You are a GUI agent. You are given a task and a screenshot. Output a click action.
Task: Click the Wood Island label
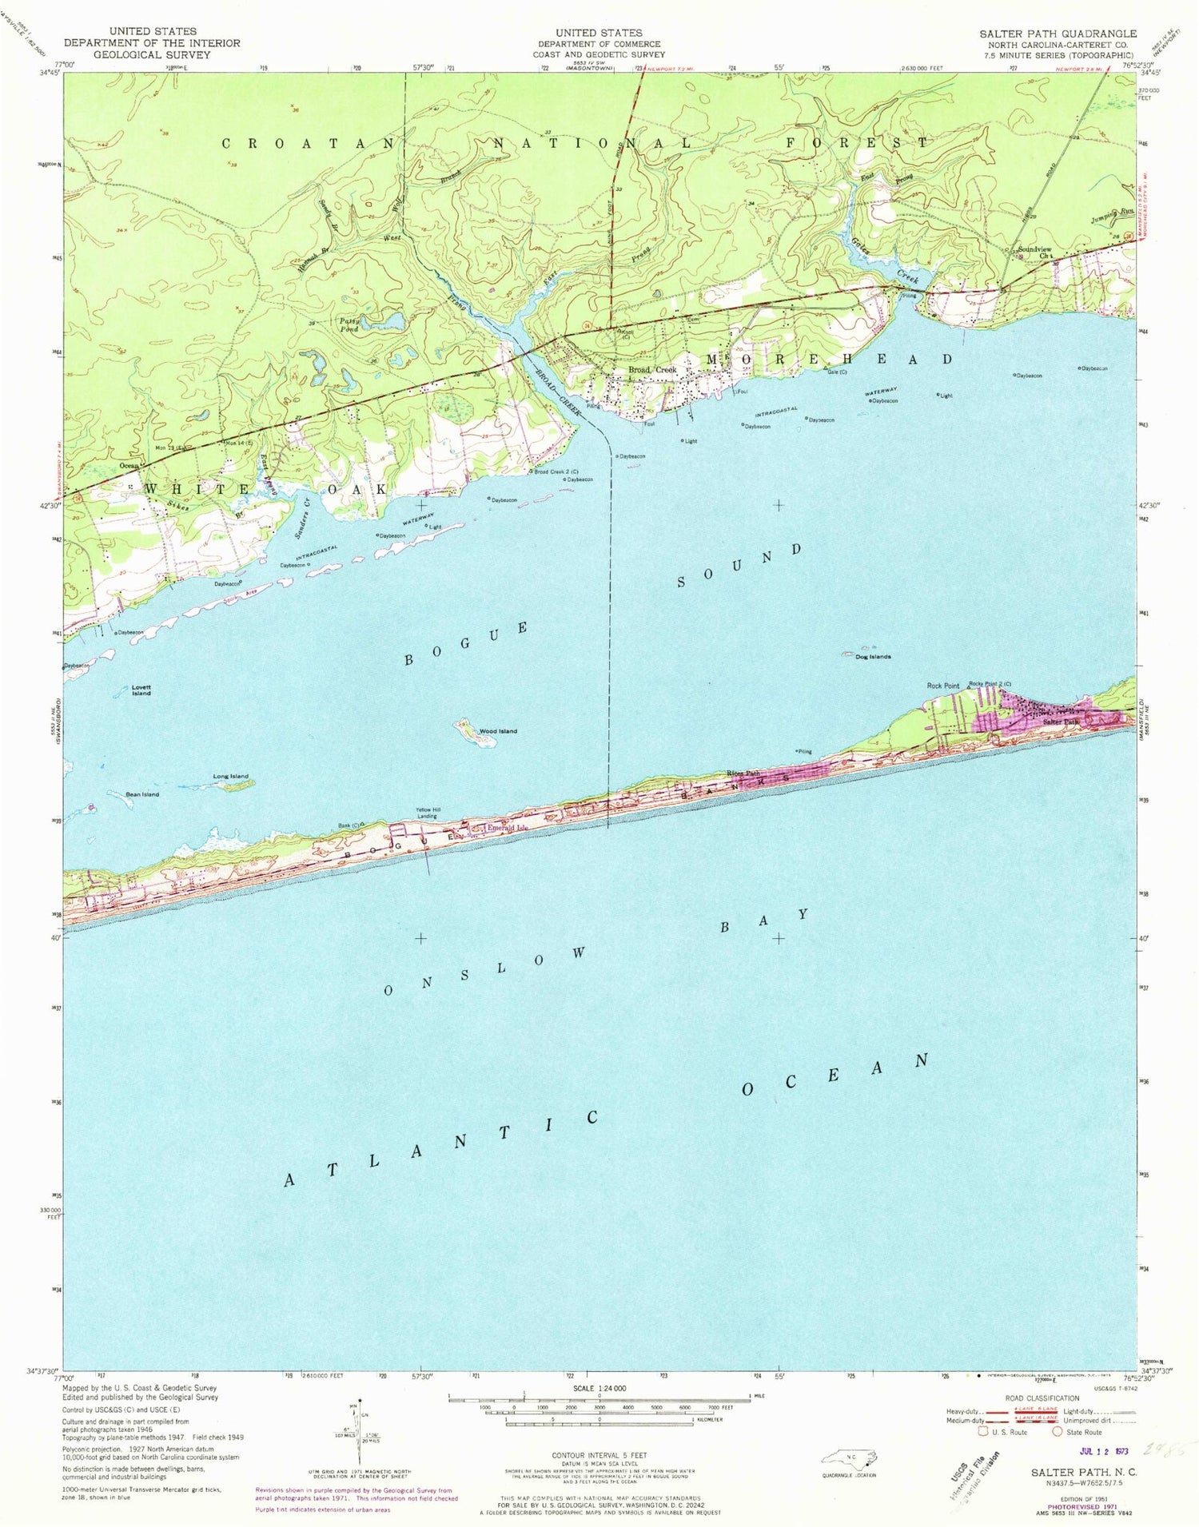pos(497,731)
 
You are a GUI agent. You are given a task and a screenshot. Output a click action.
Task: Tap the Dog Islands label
pos(873,657)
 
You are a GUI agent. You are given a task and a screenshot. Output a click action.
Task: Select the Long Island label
pos(230,776)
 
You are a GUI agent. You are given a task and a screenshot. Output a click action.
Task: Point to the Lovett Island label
pos(141,690)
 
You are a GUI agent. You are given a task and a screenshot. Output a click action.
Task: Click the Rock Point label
pos(942,686)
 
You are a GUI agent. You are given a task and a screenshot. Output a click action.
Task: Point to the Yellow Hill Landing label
pos(427,813)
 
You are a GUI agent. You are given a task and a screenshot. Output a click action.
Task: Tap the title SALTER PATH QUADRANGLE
pos(1058,34)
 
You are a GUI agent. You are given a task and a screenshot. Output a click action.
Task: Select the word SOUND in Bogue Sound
pos(739,566)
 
